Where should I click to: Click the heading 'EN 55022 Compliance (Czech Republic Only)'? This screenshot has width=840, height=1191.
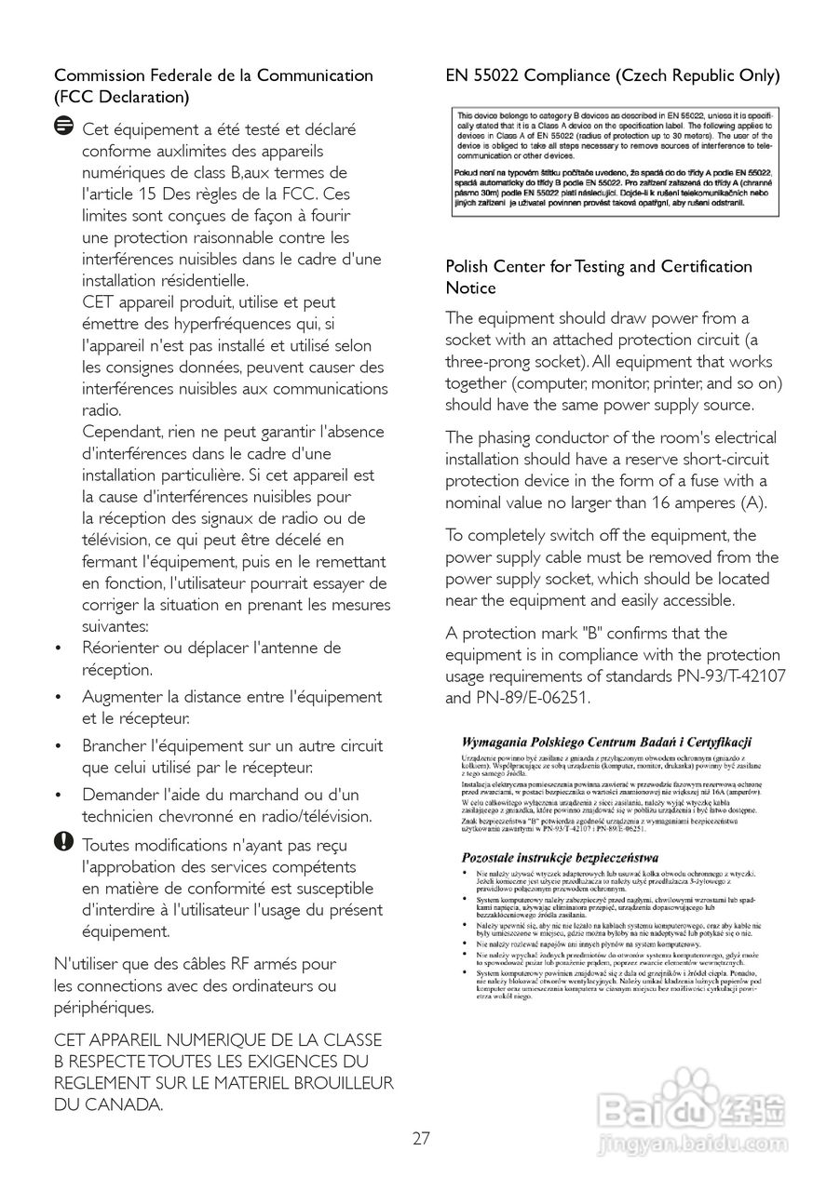pyautogui.click(x=613, y=75)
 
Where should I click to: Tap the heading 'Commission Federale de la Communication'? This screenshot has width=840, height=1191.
pyautogui.click(x=213, y=75)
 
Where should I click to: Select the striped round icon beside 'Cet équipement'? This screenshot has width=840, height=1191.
pyautogui.click(x=64, y=127)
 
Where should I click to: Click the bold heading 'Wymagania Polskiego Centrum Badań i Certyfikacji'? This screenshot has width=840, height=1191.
pyautogui.click(x=606, y=742)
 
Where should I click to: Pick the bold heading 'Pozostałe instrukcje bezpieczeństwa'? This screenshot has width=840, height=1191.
pyautogui.click(x=561, y=856)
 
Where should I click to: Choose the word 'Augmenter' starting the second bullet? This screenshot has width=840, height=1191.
pyautogui.click(x=122, y=696)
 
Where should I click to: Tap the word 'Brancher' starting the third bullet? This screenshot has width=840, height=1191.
pyautogui.click(x=115, y=745)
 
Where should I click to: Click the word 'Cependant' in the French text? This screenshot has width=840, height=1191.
pyautogui.click(x=124, y=432)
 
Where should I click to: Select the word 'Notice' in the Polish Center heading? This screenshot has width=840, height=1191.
pyautogui.click(x=470, y=288)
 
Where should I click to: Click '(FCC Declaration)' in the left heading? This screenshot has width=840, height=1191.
pyautogui.click(x=122, y=97)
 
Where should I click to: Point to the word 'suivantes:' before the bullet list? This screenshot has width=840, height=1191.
pyautogui.click(x=115, y=626)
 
